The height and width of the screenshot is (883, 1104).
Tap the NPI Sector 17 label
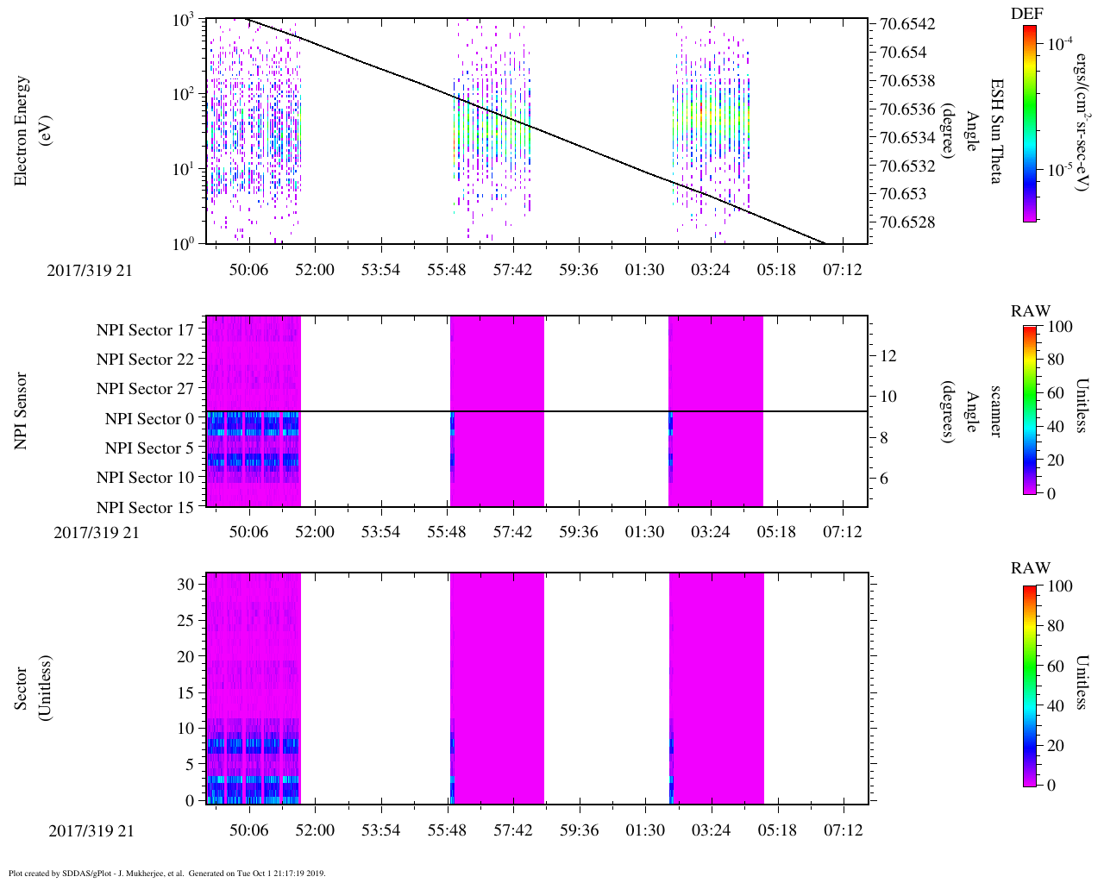click(145, 330)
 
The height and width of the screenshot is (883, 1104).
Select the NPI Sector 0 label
click(149, 419)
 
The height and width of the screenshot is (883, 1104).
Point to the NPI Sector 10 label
click(145, 478)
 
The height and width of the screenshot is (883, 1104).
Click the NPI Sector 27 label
click(145, 389)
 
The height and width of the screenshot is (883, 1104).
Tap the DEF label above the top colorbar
click(1027, 13)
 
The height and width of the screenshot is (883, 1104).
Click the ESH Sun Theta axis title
click(996, 131)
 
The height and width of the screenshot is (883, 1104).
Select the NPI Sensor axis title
click(22, 411)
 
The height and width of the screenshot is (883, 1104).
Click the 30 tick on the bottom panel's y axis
click(186, 584)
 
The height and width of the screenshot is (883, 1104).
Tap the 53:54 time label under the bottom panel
click(380, 830)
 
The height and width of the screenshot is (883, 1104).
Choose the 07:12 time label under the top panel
click(843, 270)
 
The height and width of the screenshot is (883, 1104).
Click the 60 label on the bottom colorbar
click(1054, 666)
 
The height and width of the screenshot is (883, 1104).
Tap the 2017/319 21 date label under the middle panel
click(97, 532)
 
